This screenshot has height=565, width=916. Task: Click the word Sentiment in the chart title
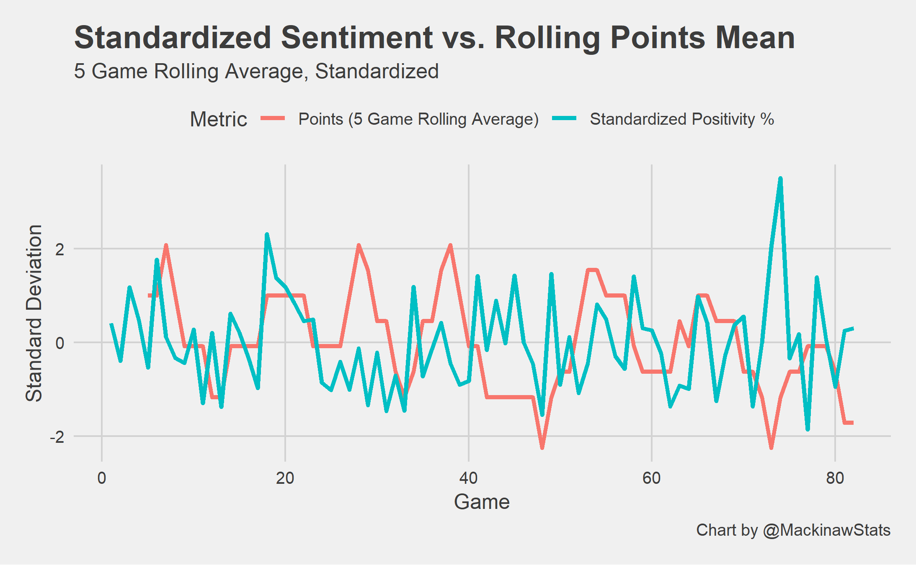tap(357, 38)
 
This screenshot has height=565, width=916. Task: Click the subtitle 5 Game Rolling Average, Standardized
tap(256, 71)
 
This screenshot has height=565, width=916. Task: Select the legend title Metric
tap(218, 119)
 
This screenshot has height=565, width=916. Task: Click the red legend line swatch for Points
tap(273, 119)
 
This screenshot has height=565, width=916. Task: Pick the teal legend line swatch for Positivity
tap(564, 119)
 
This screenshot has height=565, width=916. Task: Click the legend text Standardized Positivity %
tap(681, 119)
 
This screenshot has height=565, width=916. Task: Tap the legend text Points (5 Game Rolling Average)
tap(418, 119)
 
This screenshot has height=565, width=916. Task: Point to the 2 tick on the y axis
tap(60, 249)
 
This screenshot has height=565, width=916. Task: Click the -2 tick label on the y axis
tap(57, 437)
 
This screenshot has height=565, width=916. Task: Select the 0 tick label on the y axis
tap(60, 343)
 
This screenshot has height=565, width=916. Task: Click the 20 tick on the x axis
tap(285, 478)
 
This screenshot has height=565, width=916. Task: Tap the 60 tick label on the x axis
tap(651, 478)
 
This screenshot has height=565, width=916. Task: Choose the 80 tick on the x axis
tap(835, 478)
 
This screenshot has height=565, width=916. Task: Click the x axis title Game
tap(482, 501)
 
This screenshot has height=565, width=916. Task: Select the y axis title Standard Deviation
tap(34, 313)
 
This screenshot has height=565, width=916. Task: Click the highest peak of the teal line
tap(780, 179)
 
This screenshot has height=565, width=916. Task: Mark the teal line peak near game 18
tap(267, 235)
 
